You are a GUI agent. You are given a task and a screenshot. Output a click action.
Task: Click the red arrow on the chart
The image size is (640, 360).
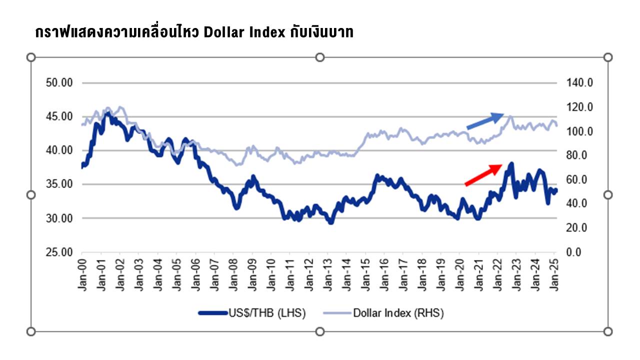[483, 175]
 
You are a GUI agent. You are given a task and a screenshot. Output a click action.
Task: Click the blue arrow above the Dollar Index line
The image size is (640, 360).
[485, 121]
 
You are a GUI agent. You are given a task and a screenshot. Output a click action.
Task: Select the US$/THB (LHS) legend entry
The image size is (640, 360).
[252, 313]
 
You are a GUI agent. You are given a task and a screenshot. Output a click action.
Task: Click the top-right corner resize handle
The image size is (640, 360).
[608, 57]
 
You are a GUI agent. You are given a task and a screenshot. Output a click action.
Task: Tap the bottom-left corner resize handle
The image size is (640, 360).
[31, 331]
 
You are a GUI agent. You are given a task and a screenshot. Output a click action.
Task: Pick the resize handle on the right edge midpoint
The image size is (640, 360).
[608, 194]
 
